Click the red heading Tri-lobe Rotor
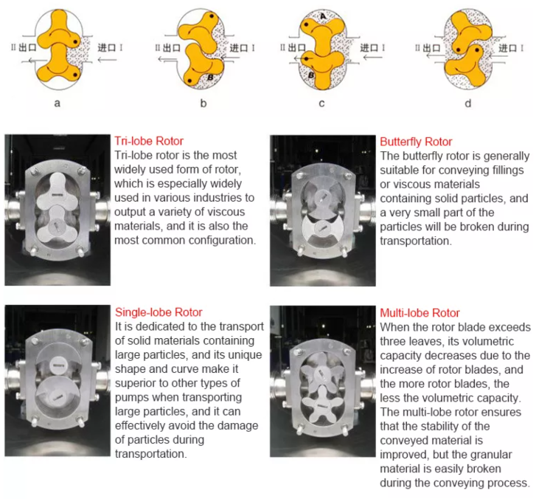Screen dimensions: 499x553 tap(149, 141)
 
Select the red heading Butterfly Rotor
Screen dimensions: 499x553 tap(416, 141)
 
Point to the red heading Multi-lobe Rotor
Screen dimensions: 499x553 tap(420, 312)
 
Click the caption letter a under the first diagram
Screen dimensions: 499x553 tap(57, 103)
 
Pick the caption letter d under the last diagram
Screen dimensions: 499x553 tap(467, 103)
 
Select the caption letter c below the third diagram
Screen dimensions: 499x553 tap(321, 103)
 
